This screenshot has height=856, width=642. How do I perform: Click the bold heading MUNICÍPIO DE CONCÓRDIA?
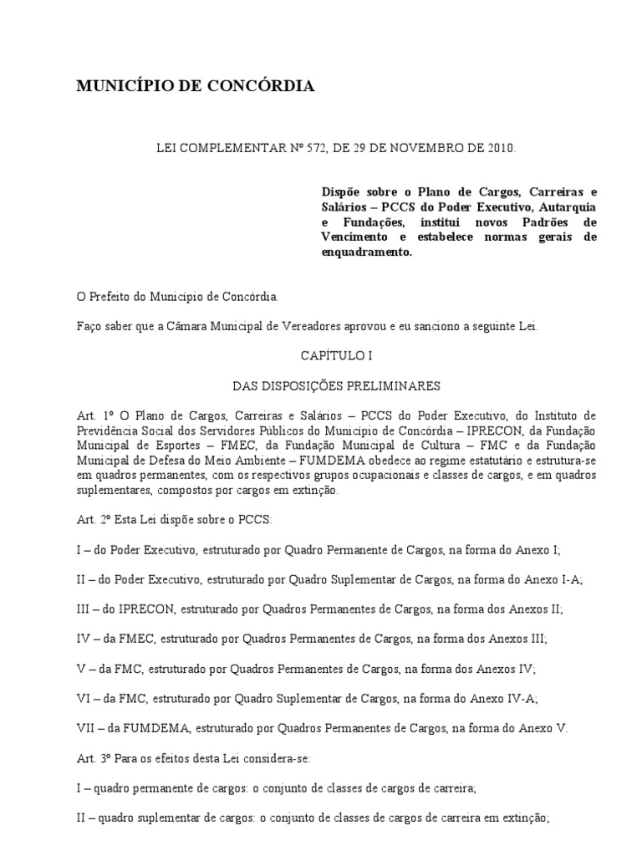(x=196, y=86)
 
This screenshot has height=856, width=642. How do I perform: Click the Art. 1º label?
(x=93, y=415)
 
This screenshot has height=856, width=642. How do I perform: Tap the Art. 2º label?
(x=93, y=519)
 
